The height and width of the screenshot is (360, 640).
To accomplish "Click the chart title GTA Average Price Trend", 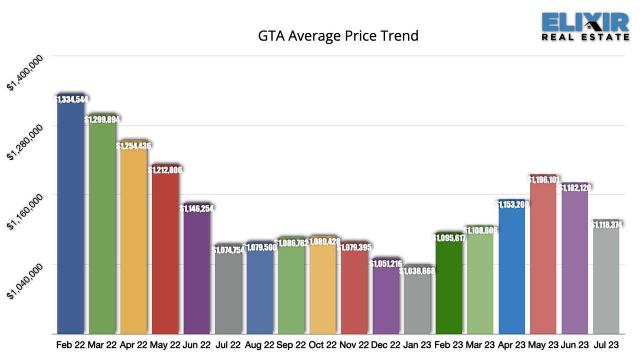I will point(338,36).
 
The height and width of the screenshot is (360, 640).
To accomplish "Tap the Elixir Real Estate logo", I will point(585,26).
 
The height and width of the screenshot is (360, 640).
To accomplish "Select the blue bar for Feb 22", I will point(71,215).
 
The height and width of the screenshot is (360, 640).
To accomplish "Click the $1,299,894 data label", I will point(102,119).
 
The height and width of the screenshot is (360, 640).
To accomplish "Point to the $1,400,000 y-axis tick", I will point(25,73).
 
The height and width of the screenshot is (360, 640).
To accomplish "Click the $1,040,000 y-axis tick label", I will point(25,282).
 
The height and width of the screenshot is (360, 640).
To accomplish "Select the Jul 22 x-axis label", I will point(228,345).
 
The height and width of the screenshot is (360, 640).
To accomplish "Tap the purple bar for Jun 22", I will point(197,270).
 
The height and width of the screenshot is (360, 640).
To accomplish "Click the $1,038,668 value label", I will point(417,271).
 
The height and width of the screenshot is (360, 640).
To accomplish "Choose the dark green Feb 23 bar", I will point(448,285).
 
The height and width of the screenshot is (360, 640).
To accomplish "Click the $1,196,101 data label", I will point(543,179).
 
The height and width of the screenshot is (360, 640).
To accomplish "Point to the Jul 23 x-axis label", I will point(606,345).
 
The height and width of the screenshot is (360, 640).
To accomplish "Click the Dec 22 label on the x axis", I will point(386,345).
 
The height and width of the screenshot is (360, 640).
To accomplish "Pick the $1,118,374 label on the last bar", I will point(606,225).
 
